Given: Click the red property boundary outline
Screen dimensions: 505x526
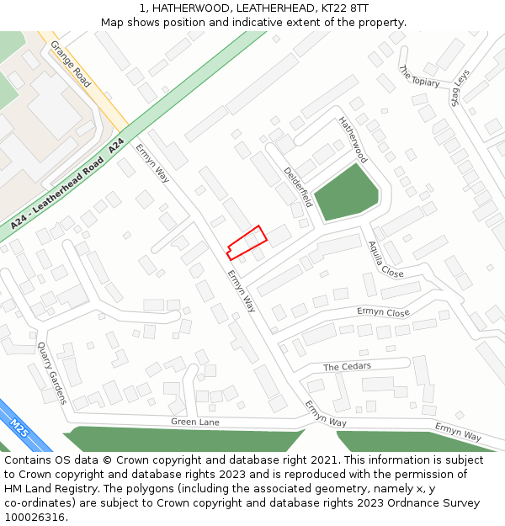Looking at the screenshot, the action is tap(247, 242).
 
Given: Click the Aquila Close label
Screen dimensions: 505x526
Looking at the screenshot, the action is tap(385, 259).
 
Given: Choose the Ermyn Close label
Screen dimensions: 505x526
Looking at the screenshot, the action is tap(383, 312).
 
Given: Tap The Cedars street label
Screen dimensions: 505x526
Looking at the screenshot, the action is tap(347, 367).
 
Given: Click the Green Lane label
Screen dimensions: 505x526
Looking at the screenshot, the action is tap(194, 421).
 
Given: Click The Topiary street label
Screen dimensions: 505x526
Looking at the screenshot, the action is tap(419, 77).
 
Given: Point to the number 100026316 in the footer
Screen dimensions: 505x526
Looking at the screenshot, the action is tap(35, 517).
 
